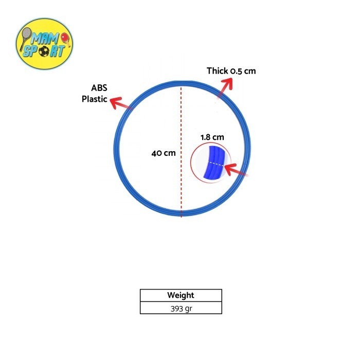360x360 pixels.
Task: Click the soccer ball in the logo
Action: (44, 51)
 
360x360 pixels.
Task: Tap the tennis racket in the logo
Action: (25, 38)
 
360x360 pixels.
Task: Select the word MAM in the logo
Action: (45, 39)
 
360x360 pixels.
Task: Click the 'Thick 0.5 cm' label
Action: (231, 71)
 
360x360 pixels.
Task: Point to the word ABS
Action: (99, 88)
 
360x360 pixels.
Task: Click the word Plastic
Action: (94, 99)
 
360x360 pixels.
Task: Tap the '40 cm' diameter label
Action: (164, 153)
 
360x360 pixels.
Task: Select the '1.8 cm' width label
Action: (212, 137)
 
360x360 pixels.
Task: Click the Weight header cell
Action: (181, 295)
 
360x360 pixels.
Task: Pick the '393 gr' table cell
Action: (181, 308)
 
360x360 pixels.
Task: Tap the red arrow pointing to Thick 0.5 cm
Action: (225, 88)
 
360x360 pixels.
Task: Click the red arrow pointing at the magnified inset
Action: (236, 170)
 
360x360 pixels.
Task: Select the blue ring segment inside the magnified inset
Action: (214, 162)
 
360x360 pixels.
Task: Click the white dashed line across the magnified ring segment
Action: (215, 164)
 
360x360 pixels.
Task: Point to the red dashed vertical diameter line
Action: (181, 152)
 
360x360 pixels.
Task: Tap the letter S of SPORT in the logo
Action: (27, 51)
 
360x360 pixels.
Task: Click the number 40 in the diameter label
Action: (156, 153)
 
